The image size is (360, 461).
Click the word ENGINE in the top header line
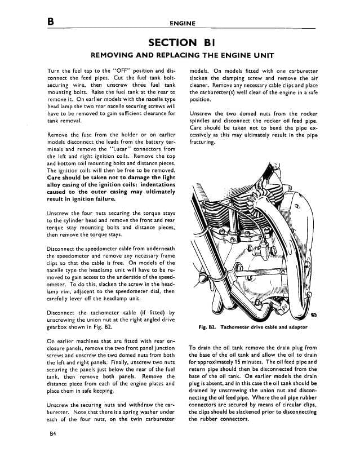click(182, 24)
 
